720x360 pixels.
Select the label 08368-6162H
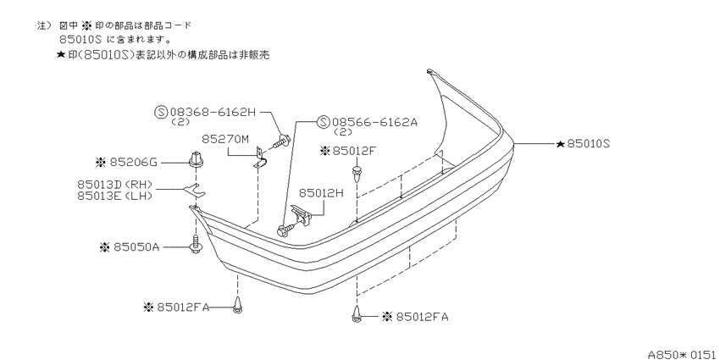point(213,112)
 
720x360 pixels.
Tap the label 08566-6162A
point(374,122)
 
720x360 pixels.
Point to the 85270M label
point(226,139)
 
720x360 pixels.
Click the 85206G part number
point(133,162)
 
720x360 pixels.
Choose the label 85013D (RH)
point(114,185)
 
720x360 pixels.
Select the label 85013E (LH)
point(114,196)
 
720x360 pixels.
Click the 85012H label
point(322,193)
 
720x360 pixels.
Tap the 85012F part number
point(353,150)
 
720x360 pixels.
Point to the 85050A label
point(136,247)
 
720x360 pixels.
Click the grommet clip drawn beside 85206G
point(197,158)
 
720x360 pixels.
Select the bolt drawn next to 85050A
point(196,244)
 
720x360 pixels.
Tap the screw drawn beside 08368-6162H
point(281,141)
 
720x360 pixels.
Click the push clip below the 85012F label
point(357,174)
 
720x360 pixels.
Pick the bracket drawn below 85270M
point(260,156)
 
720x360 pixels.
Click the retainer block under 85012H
point(302,214)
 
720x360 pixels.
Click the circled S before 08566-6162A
point(324,122)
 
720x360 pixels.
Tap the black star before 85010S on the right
point(560,144)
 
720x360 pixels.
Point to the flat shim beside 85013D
point(195,189)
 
